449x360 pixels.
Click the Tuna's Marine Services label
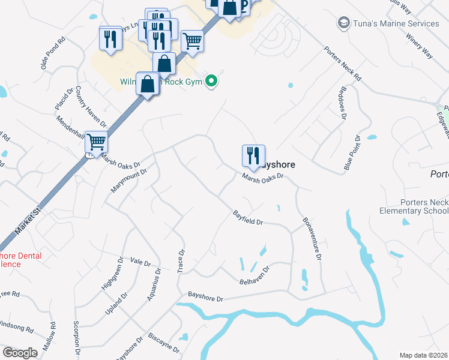(x=396, y=24)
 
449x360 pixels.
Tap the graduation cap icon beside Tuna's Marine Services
(x=344, y=23)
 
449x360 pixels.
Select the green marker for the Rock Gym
(x=211, y=81)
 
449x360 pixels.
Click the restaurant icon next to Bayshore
(x=253, y=156)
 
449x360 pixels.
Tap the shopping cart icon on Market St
(x=96, y=142)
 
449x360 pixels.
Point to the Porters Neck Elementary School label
(x=415, y=206)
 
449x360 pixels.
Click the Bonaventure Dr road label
(x=313, y=239)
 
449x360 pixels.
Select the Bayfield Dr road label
(x=249, y=218)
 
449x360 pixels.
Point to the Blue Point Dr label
(x=352, y=154)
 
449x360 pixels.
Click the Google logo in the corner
(x=20, y=353)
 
